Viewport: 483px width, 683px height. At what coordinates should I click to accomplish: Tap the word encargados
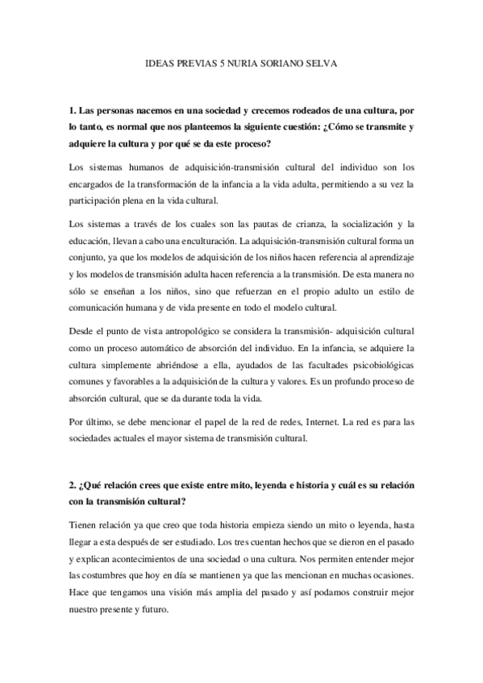click(x=94, y=185)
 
